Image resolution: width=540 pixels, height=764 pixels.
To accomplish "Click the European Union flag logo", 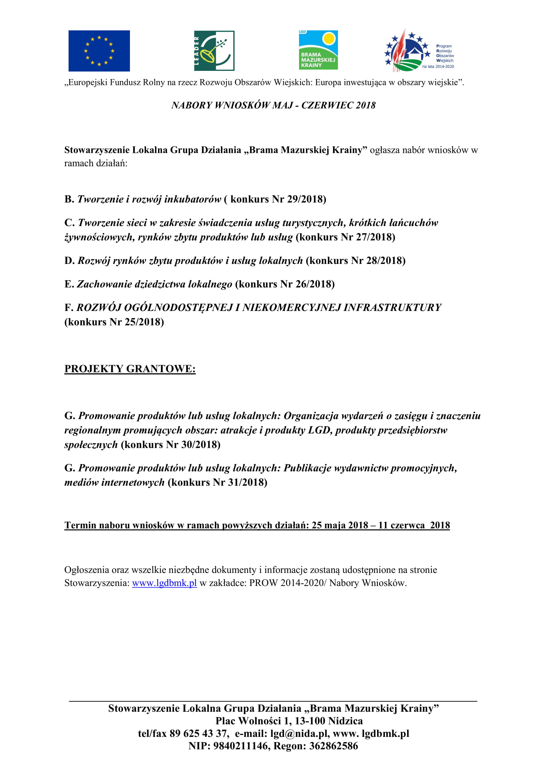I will point(99,51).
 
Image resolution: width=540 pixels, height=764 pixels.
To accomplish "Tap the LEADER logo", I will point(214,51).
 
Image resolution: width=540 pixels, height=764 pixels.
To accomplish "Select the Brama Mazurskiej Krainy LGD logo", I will point(318,50).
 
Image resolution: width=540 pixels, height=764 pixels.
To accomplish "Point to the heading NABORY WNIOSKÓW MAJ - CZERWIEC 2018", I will point(273,105).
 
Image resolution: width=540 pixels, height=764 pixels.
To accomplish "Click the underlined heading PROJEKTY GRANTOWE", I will point(130,369).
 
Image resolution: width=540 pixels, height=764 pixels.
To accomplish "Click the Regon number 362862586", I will point(334,746).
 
